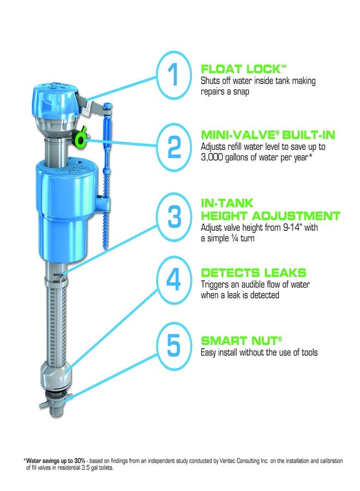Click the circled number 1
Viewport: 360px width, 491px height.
point(173,76)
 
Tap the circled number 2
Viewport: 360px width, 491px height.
point(173,145)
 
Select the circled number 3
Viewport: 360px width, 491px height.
point(173,216)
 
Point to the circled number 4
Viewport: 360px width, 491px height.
point(173,280)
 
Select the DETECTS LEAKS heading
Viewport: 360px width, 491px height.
point(254,272)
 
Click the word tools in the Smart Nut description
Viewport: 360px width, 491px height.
point(306,352)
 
